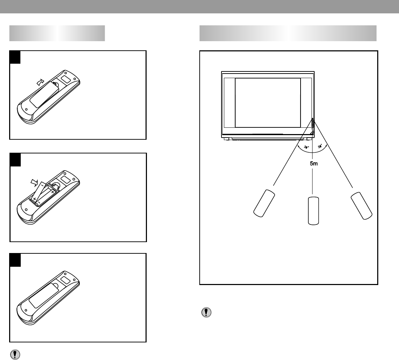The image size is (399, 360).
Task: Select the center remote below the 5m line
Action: [313, 211]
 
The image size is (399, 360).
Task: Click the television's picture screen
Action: [268, 102]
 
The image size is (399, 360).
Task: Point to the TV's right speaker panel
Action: [306, 102]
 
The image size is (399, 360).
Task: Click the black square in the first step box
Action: [15, 57]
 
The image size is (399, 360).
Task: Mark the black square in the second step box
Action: [15, 159]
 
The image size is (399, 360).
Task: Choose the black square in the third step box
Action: [15, 260]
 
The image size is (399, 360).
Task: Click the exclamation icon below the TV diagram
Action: [206, 312]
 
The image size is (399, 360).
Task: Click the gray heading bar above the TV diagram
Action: [288, 33]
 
